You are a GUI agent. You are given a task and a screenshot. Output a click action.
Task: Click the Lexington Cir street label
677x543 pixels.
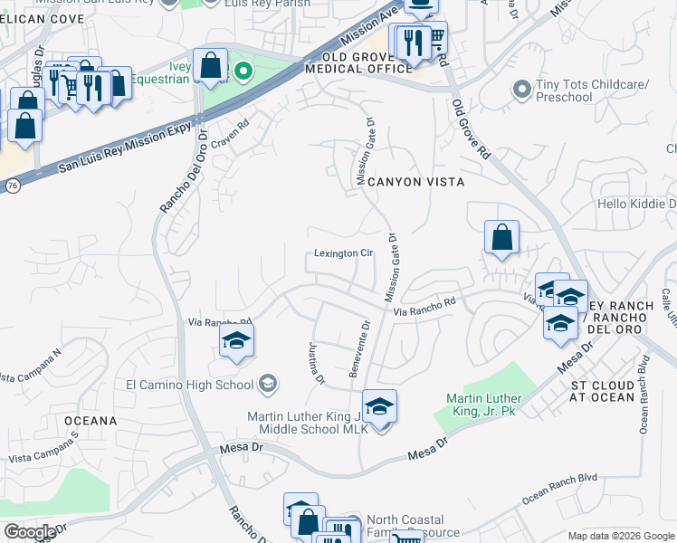(344, 253)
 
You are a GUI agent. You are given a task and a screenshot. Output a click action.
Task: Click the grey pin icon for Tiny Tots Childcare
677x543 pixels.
(521, 90)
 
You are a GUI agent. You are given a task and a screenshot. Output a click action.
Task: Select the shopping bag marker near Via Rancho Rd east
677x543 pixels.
(501, 238)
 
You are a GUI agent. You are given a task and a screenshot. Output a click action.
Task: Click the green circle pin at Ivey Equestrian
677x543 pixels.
(243, 70)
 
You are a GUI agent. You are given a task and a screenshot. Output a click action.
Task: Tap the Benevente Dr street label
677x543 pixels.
(360, 348)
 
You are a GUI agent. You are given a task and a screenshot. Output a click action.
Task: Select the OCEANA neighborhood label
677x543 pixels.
(90, 421)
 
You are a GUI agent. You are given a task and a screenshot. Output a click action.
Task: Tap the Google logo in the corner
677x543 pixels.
(29, 531)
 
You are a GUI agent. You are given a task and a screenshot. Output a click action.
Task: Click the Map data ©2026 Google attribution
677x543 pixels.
(621, 536)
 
